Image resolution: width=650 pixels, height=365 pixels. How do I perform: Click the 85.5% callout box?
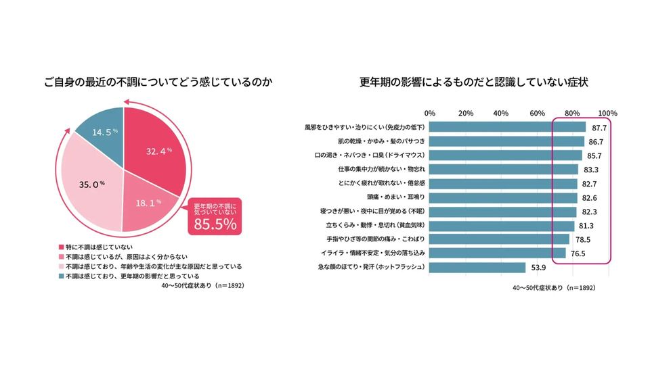pos(215,216)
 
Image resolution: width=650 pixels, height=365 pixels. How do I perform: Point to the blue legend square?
pos(62,276)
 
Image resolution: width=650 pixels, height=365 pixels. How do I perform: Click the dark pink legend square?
pos(62,248)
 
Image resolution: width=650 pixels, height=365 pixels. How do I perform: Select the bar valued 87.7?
pos(508,127)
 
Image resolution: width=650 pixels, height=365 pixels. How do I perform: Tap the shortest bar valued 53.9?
pos(477,268)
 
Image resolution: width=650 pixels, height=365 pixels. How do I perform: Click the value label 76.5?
pos(578,253)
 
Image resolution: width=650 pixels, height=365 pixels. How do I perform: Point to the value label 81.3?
pos(586,226)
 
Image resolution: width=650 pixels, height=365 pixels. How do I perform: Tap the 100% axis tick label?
pos(608,113)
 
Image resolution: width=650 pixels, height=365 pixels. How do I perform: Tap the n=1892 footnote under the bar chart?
pos(554,288)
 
